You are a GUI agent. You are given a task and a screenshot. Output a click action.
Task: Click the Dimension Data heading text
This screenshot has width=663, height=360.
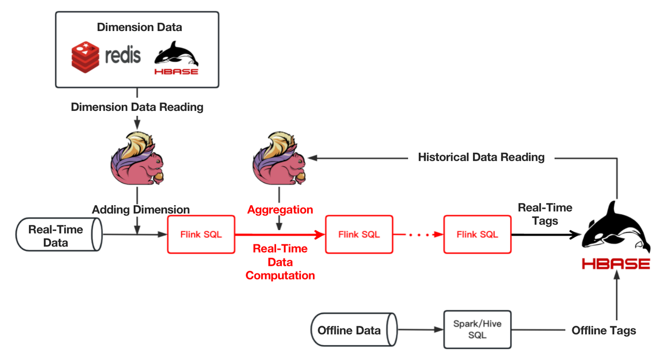tap(139, 27)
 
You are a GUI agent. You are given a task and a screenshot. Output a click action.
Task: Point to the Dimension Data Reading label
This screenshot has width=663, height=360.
tap(137, 107)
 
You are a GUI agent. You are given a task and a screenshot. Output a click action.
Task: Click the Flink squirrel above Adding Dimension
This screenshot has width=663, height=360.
tap(137, 158)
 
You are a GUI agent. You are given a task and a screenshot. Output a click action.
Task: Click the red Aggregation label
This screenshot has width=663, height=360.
tap(280, 210)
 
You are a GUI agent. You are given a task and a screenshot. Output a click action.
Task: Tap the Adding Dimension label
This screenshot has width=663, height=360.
tap(140, 210)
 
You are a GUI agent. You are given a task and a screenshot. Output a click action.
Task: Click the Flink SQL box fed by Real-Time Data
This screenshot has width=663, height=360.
tap(201, 235)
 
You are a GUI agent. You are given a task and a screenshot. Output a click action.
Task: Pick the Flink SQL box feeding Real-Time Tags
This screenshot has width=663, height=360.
tap(477, 235)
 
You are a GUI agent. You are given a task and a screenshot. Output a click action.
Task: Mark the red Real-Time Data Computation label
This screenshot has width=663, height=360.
tap(280, 262)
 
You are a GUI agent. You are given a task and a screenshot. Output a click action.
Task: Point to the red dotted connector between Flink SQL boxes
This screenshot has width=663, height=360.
tap(419, 235)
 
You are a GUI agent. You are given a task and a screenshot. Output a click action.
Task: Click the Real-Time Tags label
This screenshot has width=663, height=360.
tap(545, 214)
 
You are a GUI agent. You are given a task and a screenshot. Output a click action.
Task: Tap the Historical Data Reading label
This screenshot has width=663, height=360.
tap(481, 157)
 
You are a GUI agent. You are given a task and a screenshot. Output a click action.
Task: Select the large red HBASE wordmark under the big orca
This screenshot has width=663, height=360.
tap(615, 264)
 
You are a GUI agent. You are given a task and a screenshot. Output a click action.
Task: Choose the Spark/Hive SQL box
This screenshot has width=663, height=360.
tap(477, 330)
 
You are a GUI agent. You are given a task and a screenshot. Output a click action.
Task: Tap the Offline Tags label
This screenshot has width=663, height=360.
tap(603, 330)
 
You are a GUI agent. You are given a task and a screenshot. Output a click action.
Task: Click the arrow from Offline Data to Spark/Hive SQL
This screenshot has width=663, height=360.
tap(420, 330)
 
